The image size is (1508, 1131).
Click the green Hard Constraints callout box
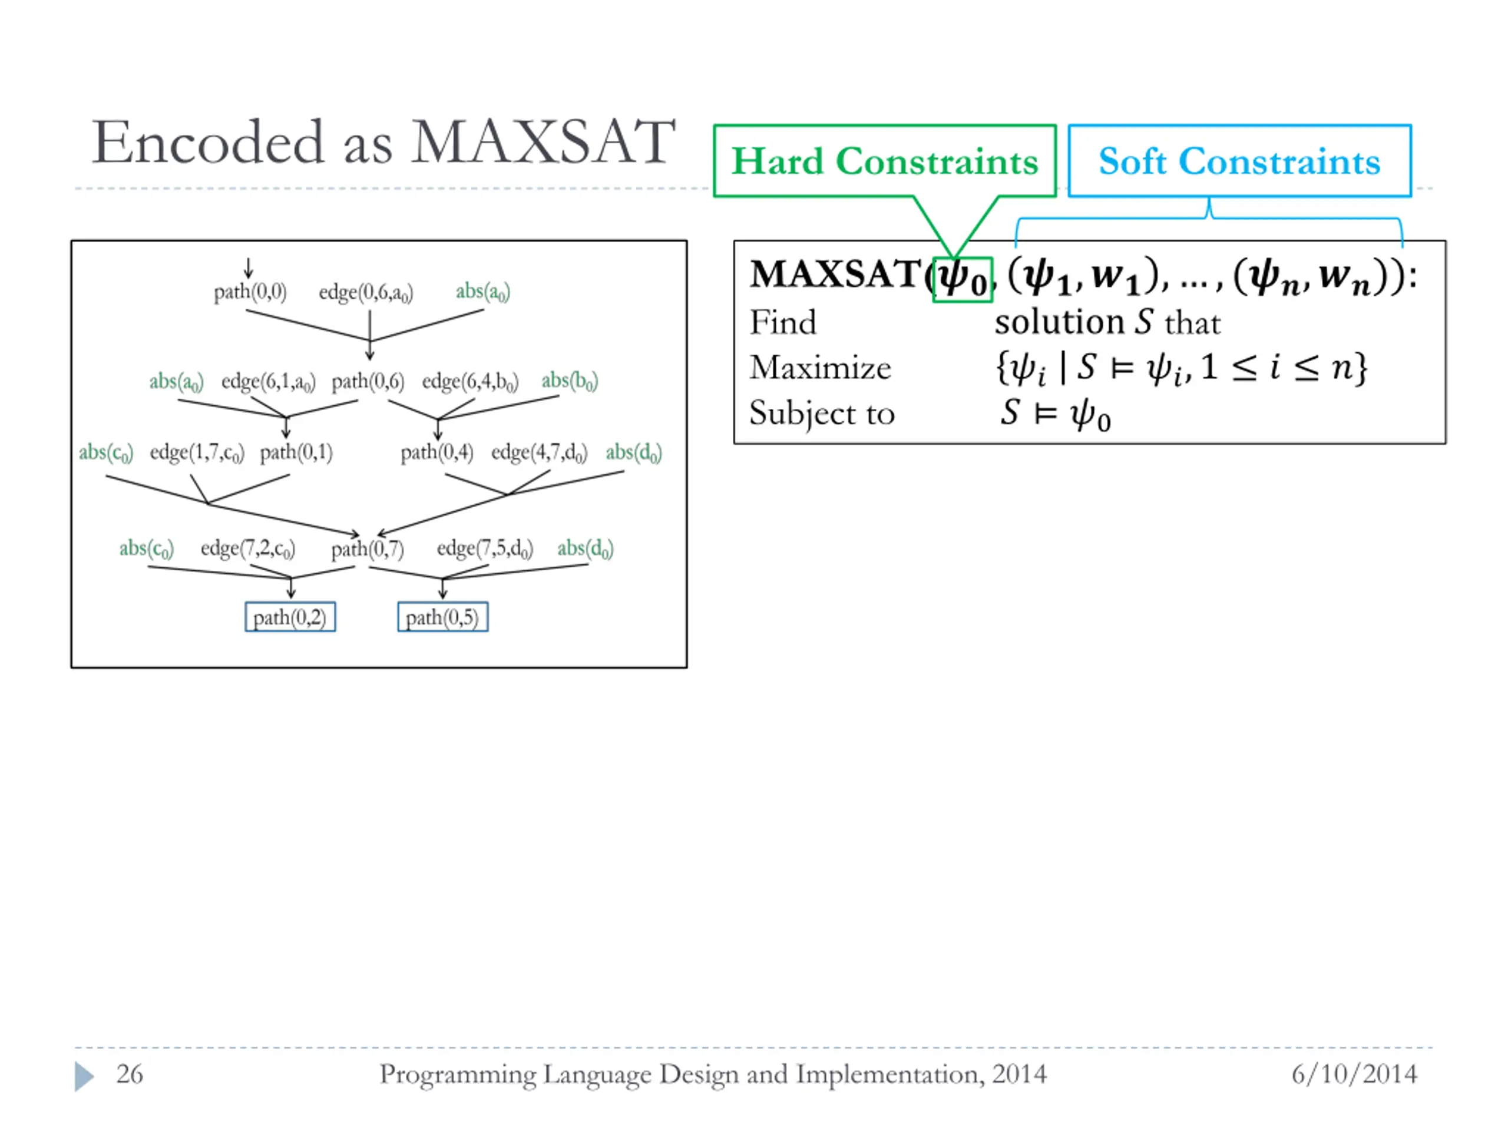884,161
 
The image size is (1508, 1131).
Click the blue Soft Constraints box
1239,161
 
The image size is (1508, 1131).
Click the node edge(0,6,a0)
366,292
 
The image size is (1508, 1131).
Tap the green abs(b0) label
569,381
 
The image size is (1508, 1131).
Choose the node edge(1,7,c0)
196,452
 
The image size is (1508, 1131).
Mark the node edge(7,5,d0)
485,548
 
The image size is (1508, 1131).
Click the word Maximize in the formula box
820,368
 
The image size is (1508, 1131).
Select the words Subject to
822,413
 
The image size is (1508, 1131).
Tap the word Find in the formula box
783,322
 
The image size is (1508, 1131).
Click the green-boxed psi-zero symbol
962,278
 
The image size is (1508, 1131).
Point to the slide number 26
130,1074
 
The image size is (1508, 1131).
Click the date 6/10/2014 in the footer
1354,1074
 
